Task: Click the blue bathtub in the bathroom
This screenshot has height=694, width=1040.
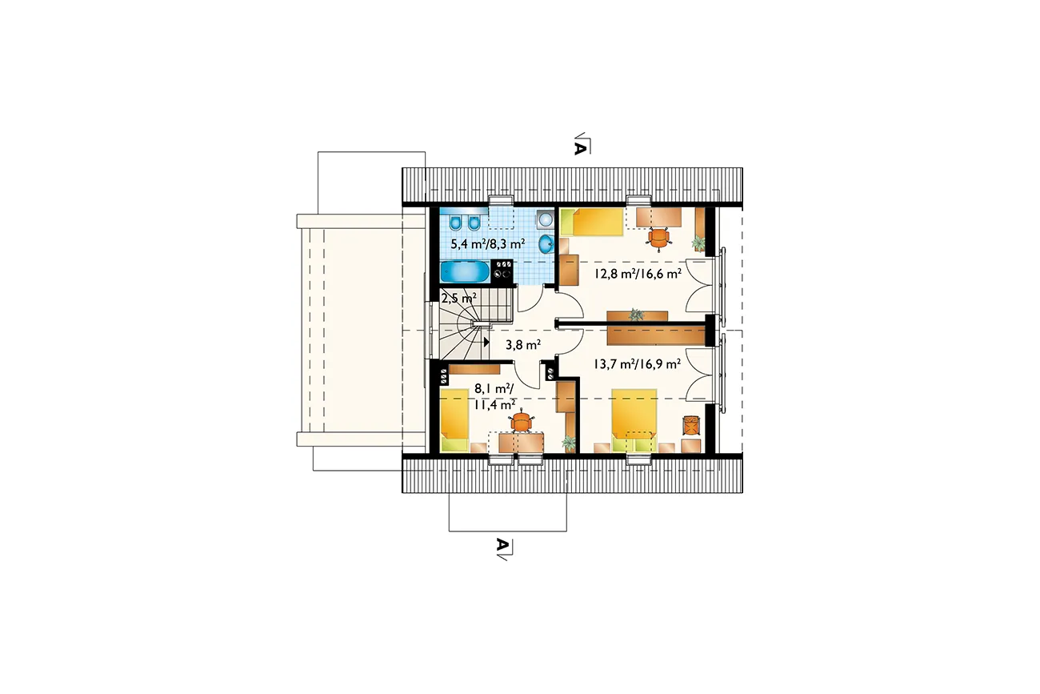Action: tap(464, 272)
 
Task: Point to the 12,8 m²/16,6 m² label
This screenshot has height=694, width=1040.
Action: tap(638, 274)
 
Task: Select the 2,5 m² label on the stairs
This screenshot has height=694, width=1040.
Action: tap(459, 298)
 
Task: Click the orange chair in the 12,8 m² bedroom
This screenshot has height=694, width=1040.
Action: tap(659, 239)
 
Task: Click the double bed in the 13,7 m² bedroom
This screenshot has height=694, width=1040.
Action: tap(634, 420)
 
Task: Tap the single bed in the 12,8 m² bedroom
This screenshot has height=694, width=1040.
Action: tap(591, 222)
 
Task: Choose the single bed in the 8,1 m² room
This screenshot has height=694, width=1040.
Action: tap(454, 420)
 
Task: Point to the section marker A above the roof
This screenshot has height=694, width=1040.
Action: tap(579, 149)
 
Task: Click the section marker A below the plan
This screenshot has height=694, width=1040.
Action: tap(502, 544)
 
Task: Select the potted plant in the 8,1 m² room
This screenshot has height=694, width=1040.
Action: tap(568, 443)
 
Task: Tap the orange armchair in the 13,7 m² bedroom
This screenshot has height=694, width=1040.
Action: tap(691, 426)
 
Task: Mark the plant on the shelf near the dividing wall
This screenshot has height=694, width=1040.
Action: tap(636, 315)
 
